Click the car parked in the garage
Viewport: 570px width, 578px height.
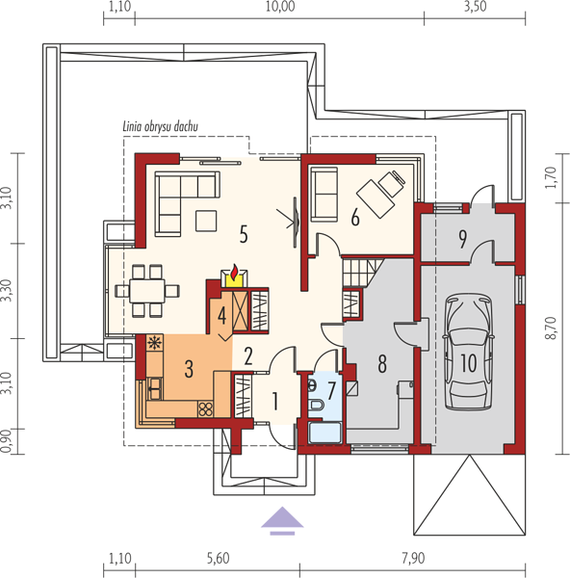[x=468, y=352]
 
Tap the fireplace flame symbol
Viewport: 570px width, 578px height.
[x=234, y=273]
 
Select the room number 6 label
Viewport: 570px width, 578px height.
[x=355, y=217]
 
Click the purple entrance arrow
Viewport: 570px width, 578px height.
[x=282, y=520]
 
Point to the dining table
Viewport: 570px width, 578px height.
[x=147, y=291]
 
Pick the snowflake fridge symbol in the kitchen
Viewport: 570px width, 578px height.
[x=155, y=342]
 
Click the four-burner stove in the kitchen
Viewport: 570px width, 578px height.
[x=206, y=408]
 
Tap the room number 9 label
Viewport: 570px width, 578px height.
[x=462, y=239]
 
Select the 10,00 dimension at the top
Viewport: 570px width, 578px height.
[x=280, y=7]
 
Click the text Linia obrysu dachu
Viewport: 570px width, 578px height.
[x=160, y=126]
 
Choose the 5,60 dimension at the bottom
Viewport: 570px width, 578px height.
[x=219, y=559]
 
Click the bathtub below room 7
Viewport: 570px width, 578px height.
[x=325, y=433]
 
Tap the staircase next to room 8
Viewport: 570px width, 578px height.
[x=360, y=272]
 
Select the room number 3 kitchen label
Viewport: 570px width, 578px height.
[x=189, y=369]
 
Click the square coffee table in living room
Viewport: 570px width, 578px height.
[x=206, y=221]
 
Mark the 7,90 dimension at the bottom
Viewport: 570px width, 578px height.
[x=413, y=559]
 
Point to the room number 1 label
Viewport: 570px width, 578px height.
[x=274, y=401]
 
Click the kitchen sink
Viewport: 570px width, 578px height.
[x=154, y=388]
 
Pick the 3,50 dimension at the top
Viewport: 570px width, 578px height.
[x=475, y=7]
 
